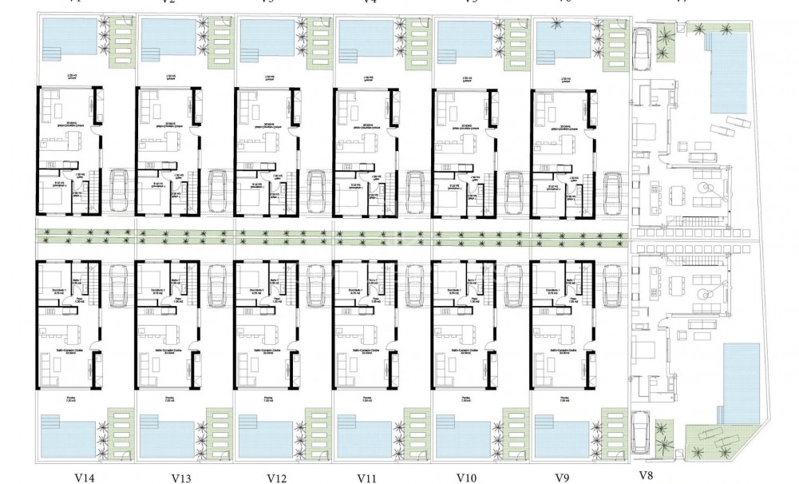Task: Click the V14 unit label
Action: click(x=85, y=478)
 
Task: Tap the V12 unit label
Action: click(x=277, y=478)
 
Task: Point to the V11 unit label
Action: click(x=368, y=478)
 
